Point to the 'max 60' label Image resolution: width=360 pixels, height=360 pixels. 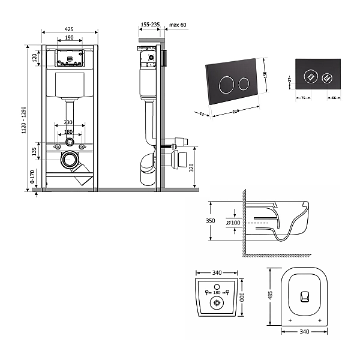click(x=178, y=26)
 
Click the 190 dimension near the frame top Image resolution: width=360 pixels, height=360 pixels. click(x=70, y=38)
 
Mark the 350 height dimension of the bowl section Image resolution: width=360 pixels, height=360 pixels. click(x=211, y=221)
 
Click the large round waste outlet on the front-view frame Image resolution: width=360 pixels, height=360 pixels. click(x=70, y=160)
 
